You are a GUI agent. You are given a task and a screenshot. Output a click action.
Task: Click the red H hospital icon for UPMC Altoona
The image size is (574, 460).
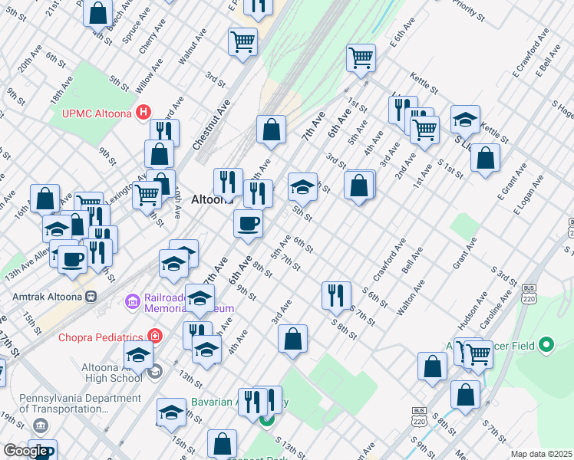click(x=143, y=113)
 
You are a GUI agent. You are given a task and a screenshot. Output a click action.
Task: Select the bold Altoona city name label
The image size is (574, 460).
click(x=212, y=199)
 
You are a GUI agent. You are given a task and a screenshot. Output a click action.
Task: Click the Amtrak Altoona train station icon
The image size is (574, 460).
click(x=91, y=295)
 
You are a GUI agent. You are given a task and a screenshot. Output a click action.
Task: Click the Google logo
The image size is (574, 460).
click(x=25, y=451)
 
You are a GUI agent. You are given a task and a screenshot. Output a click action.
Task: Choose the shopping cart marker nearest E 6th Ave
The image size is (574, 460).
click(x=361, y=58)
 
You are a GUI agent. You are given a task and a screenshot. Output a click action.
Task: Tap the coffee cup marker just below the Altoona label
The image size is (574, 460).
click(x=248, y=224)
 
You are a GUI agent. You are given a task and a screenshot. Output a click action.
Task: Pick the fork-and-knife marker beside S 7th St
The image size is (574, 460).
click(x=336, y=294)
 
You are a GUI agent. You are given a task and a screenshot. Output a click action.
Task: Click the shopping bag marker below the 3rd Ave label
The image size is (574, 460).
click(x=292, y=339)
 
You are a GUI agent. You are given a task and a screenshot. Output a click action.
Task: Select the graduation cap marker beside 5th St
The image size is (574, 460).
click(x=302, y=186)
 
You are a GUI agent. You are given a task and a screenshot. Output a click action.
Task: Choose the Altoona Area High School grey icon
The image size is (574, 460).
click(x=154, y=372)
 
